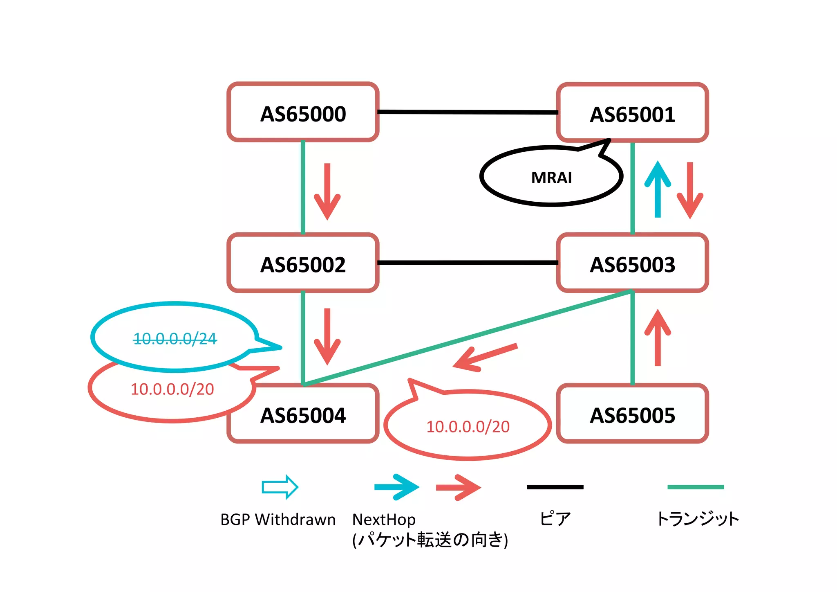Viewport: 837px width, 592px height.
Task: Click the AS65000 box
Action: tap(303, 113)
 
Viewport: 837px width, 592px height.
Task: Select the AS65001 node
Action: tap(632, 113)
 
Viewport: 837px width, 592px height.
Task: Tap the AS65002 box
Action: tap(303, 263)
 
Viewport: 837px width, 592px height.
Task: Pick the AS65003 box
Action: tap(632, 263)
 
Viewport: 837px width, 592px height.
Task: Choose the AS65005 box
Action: tap(632, 414)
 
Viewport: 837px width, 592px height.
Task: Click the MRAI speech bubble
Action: tap(551, 177)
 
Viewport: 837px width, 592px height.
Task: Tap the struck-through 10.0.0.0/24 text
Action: tap(175, 338)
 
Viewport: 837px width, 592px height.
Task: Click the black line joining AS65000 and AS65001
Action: tap(468, 112)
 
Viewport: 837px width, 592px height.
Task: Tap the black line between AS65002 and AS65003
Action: tap(468, 263)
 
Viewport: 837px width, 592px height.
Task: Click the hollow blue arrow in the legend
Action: tap(280, 487)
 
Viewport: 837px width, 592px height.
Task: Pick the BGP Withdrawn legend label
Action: tap(278, 520)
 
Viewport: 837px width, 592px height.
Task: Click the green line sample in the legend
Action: tap(695, 487)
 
